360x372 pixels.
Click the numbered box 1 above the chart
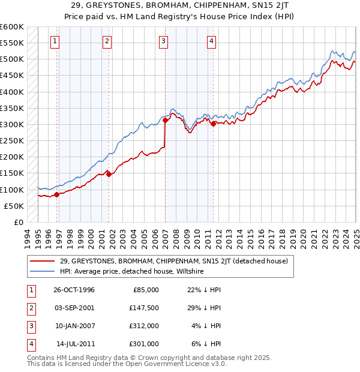pos(55,41)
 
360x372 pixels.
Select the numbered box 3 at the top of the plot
pos(163,41)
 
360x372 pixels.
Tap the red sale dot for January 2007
pos(165,121)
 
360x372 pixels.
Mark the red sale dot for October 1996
pos(56,194)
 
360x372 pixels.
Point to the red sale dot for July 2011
pos(213,124)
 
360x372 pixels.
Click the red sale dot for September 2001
pos(109,174)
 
